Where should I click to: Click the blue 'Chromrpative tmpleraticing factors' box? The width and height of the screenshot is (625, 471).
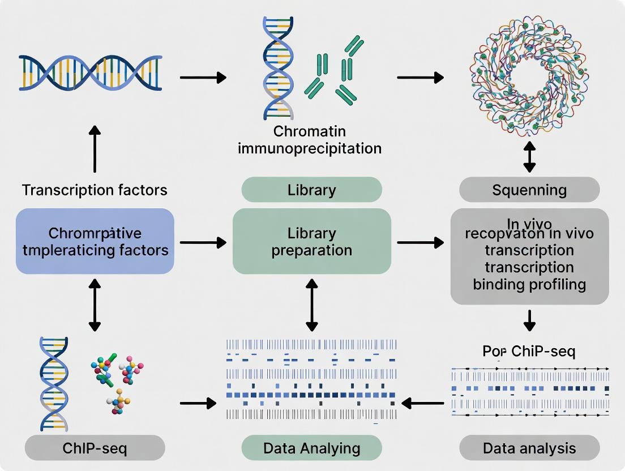tap(95, 241)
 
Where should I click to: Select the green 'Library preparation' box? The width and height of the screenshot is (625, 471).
tap(311, 241)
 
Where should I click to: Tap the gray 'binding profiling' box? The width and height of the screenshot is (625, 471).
tap(529, 256)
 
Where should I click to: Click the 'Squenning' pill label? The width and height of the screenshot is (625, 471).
tap(529, 190)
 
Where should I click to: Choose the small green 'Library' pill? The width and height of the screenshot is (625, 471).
tap(311, 190)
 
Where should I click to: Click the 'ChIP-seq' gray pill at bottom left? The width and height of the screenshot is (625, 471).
tap(95, 448)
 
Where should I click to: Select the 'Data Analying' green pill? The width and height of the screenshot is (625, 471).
tap(311, 448)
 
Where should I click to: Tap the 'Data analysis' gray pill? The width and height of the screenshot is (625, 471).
tap(529, 448)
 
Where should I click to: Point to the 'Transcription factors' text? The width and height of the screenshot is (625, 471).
tap(95, 190)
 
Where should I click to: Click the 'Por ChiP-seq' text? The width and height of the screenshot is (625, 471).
tap(529, 351)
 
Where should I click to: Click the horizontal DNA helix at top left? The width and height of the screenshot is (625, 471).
tap(91, 73)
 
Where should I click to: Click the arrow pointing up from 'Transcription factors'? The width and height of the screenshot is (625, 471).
tap(95, 149)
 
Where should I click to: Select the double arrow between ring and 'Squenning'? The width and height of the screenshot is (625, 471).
tap(529, 157)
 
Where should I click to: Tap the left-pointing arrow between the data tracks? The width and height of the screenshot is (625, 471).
tap(422, 403)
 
